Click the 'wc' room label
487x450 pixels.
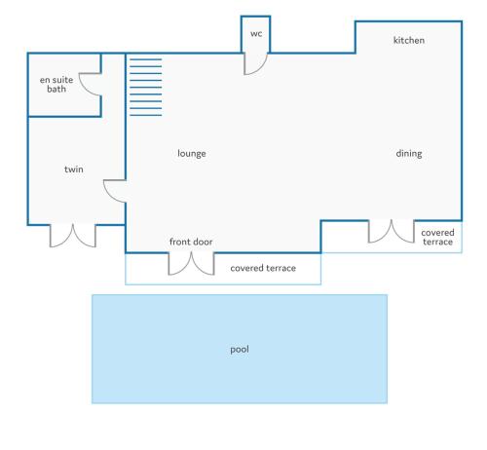coord(256,34)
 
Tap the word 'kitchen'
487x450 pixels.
coord(409,40)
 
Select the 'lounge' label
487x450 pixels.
coord(192,154)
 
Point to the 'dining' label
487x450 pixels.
coord(409,154)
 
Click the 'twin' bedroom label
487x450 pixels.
coord(74,169)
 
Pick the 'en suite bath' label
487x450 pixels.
coord(56,85)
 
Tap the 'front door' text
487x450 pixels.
coord(191,242)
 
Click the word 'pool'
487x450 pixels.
coord(240,350)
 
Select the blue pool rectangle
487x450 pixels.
coord(240,349)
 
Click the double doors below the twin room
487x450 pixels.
coord(73,236)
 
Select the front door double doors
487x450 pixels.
coord(191,263)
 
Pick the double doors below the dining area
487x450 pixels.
coord(392,231)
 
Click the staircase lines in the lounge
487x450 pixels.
coord(146,88)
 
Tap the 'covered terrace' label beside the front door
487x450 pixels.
coord(263,268)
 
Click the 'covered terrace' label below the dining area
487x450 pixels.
coord(437,238)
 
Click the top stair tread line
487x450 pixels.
coord(146,59)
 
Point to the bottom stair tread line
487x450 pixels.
coord(146,115)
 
